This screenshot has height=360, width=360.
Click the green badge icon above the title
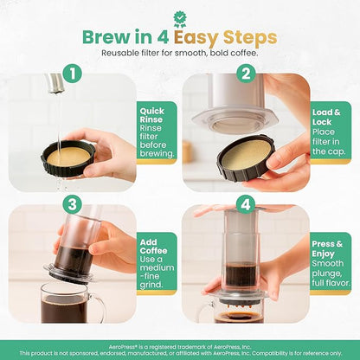click(x=180, y=16)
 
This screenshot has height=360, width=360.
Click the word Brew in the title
click(x=106, y=38)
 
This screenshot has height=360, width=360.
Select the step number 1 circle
click(x=74, y=74)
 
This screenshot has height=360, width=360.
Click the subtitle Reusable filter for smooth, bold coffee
click(x=180, y=55)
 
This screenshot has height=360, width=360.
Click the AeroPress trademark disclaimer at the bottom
click(x=180, y=348)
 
